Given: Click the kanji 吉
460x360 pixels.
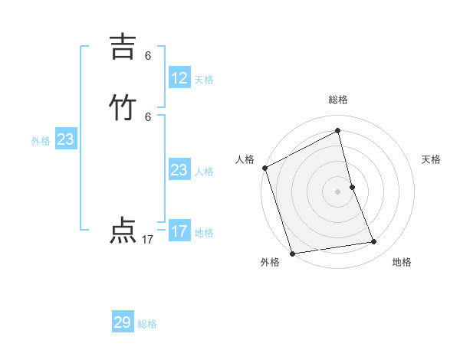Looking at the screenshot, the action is tap(123, 48).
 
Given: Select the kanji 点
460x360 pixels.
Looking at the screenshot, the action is tap(123, 231).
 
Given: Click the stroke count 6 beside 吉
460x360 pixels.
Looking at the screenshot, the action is tap(148, 56).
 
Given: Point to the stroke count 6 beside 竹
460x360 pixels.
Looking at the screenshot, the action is tap(148, 116).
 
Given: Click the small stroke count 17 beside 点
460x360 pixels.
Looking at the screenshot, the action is tap(148, 240).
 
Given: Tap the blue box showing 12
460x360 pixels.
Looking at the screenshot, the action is tap(179, 78).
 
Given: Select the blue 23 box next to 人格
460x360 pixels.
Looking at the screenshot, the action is tap(179, 170).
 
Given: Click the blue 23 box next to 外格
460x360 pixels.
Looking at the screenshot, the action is tap(65, 139).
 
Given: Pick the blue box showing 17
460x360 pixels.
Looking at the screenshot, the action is tap(179, 231).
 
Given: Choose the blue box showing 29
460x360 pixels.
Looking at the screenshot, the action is tap(123, 322).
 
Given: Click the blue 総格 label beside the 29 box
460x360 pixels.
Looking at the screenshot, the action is tap(147, 324).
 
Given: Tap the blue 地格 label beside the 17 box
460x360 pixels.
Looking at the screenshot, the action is tap(204, 233).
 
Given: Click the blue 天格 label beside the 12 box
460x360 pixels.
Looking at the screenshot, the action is tap(204, 80).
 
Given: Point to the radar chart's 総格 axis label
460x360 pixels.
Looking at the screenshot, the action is tap(338, 100).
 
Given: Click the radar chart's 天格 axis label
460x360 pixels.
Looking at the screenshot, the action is tap(431, 159).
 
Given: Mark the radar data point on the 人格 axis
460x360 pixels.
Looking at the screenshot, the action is tap(265, 168).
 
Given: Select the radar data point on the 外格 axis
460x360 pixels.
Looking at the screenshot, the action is tap(293, 253).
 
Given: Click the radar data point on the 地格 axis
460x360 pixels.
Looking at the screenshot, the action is tap(374, 242).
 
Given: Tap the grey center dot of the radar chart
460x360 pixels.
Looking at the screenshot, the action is tap(338, 191).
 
